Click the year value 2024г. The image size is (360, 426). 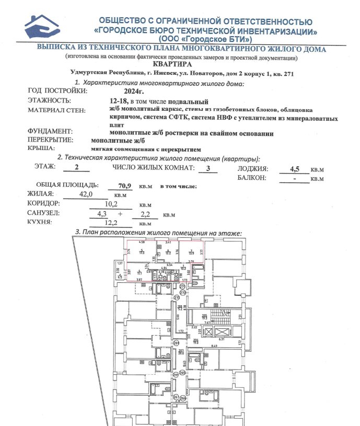(x=127, y=90)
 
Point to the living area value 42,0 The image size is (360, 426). (x=85, y=194)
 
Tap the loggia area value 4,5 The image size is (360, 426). (x=296, y=169)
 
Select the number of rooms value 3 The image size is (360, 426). (x=208, y=168)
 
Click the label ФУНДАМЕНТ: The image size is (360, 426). (x=51, y=133)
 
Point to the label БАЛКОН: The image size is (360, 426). (x=252, y=178)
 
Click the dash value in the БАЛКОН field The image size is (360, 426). (x=295, y=178)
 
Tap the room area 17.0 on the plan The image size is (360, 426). (x=142, y=253)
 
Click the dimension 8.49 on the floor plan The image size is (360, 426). (x=214, y=346)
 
